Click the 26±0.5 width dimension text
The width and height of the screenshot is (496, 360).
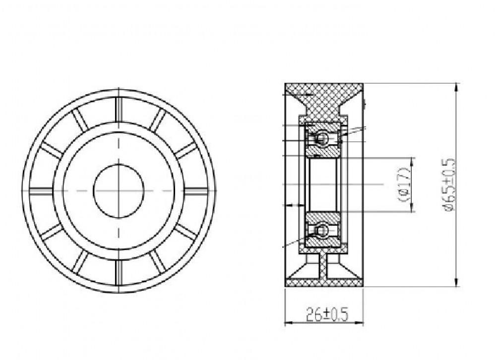[327, 315]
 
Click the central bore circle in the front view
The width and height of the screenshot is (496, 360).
[119, 191]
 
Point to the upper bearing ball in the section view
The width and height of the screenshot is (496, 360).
[322, 138]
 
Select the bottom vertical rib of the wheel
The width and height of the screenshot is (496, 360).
[119, 272]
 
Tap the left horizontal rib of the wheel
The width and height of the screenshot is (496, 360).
[41, 191]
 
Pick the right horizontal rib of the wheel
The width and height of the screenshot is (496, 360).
[196, 191]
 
